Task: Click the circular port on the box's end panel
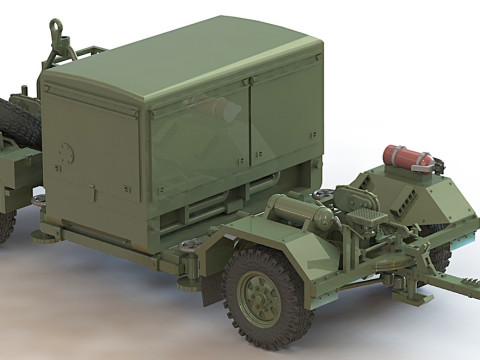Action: pyautogui.click(x=67, y=153)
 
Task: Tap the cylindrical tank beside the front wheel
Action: pyautogui.click(x=301, y=210)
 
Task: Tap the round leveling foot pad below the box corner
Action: pyautogui.click(x=45, y=236)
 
